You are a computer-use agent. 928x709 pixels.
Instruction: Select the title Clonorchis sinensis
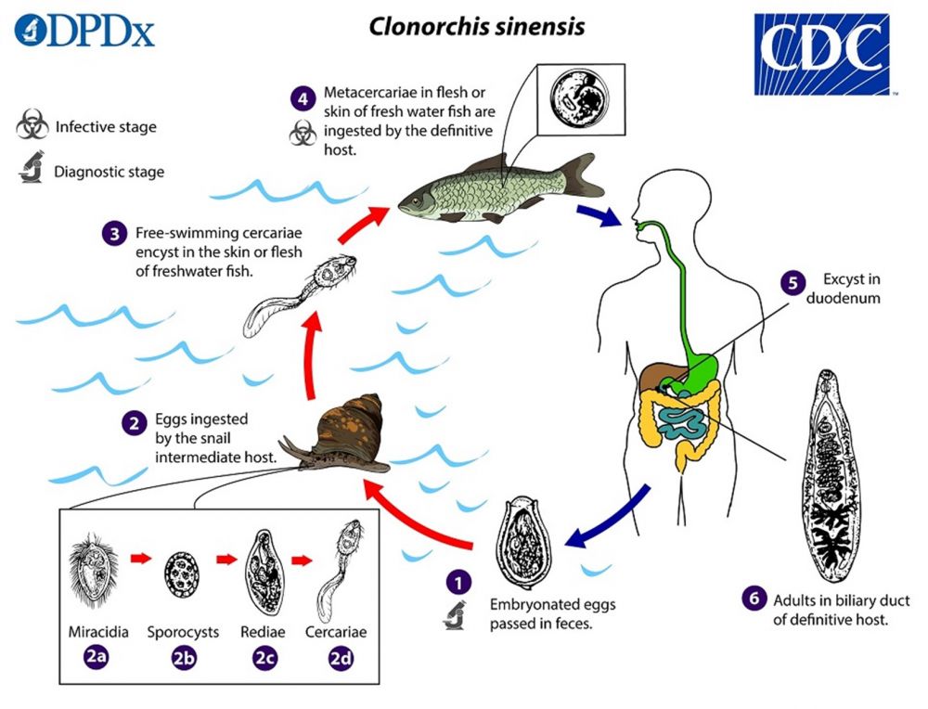pos(477,26)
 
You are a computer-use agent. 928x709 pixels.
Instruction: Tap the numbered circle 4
pos(303,96)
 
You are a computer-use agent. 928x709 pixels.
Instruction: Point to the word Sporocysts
pos(183,632)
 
